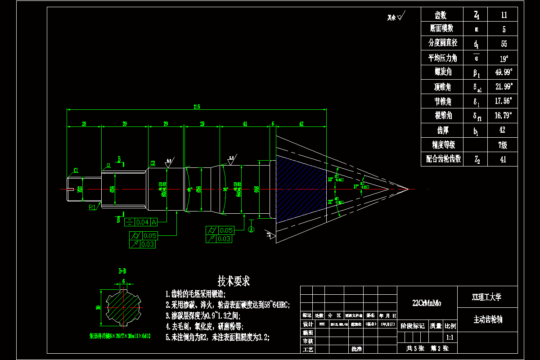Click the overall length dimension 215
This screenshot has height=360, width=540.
point(197,107)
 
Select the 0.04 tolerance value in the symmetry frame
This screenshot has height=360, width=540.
point(142,222)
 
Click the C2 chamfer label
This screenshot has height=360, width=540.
point(153,163)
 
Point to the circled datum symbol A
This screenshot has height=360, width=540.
point(251,229)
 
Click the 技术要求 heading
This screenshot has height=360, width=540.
point(234,282)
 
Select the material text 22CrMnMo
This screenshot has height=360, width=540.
point(427,303)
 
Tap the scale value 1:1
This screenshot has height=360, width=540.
point(449,337)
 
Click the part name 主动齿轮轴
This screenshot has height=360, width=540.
point(488,319)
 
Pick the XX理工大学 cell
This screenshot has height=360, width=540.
point(488,297)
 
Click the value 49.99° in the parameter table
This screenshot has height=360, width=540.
point(503,72)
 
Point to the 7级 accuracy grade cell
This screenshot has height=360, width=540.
point(503,145)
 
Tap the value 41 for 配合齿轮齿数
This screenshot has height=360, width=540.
point(503,159)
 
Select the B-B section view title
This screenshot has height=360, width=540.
point(122,271)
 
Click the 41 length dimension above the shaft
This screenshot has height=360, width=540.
point(245,123)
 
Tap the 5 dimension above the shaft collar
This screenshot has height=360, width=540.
point(273,123)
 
